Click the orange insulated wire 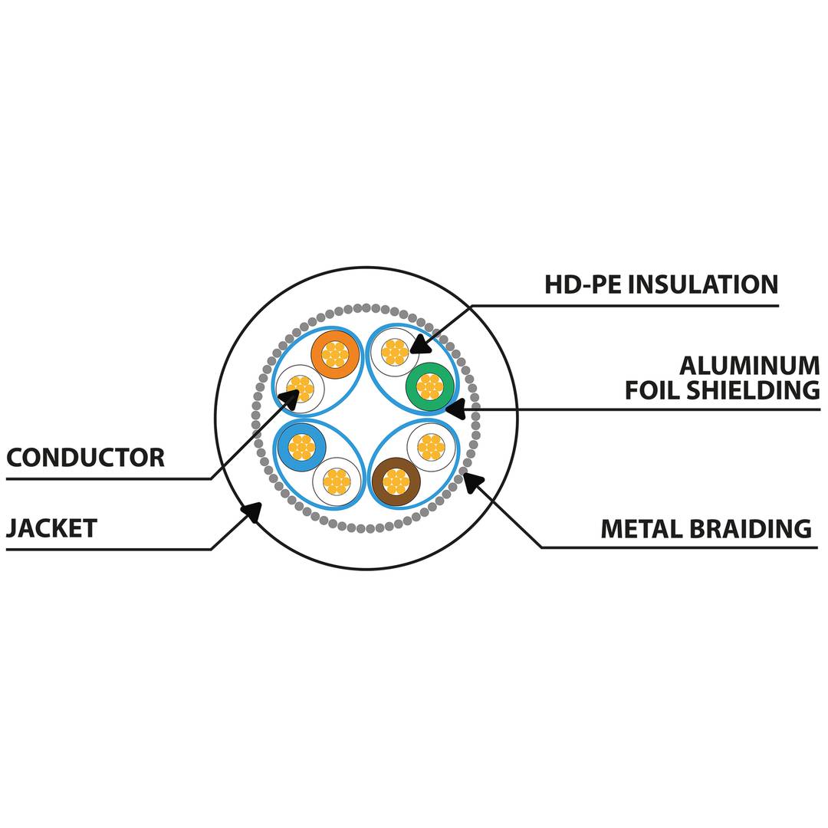(x=335, y=353)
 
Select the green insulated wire (x=430, y=386)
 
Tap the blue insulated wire (x=301, y=447)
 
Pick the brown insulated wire (x=396, y=481)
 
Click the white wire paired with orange (x=300, y=389)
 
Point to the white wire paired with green (x=394, y=352)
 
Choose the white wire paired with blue (x=337, y=481)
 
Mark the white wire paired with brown (x=431, y=447)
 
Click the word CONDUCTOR (x=85, y=458)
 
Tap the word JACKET (x=51, y=528)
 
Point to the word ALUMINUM (x=749, y=365)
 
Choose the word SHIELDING (x=752, y=389)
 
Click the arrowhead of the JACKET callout (x=251, y=512)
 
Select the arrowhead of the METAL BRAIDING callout (x=473, y=481)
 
